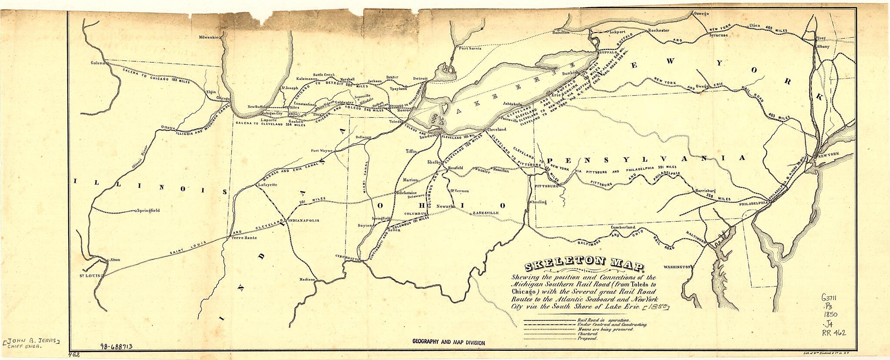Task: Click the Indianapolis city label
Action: click(303, 221)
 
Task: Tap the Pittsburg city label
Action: click(546, 186)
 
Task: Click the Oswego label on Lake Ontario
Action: click(701, 14)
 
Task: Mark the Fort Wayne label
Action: click(322, 151)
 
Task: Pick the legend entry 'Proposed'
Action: click(587, 338)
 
